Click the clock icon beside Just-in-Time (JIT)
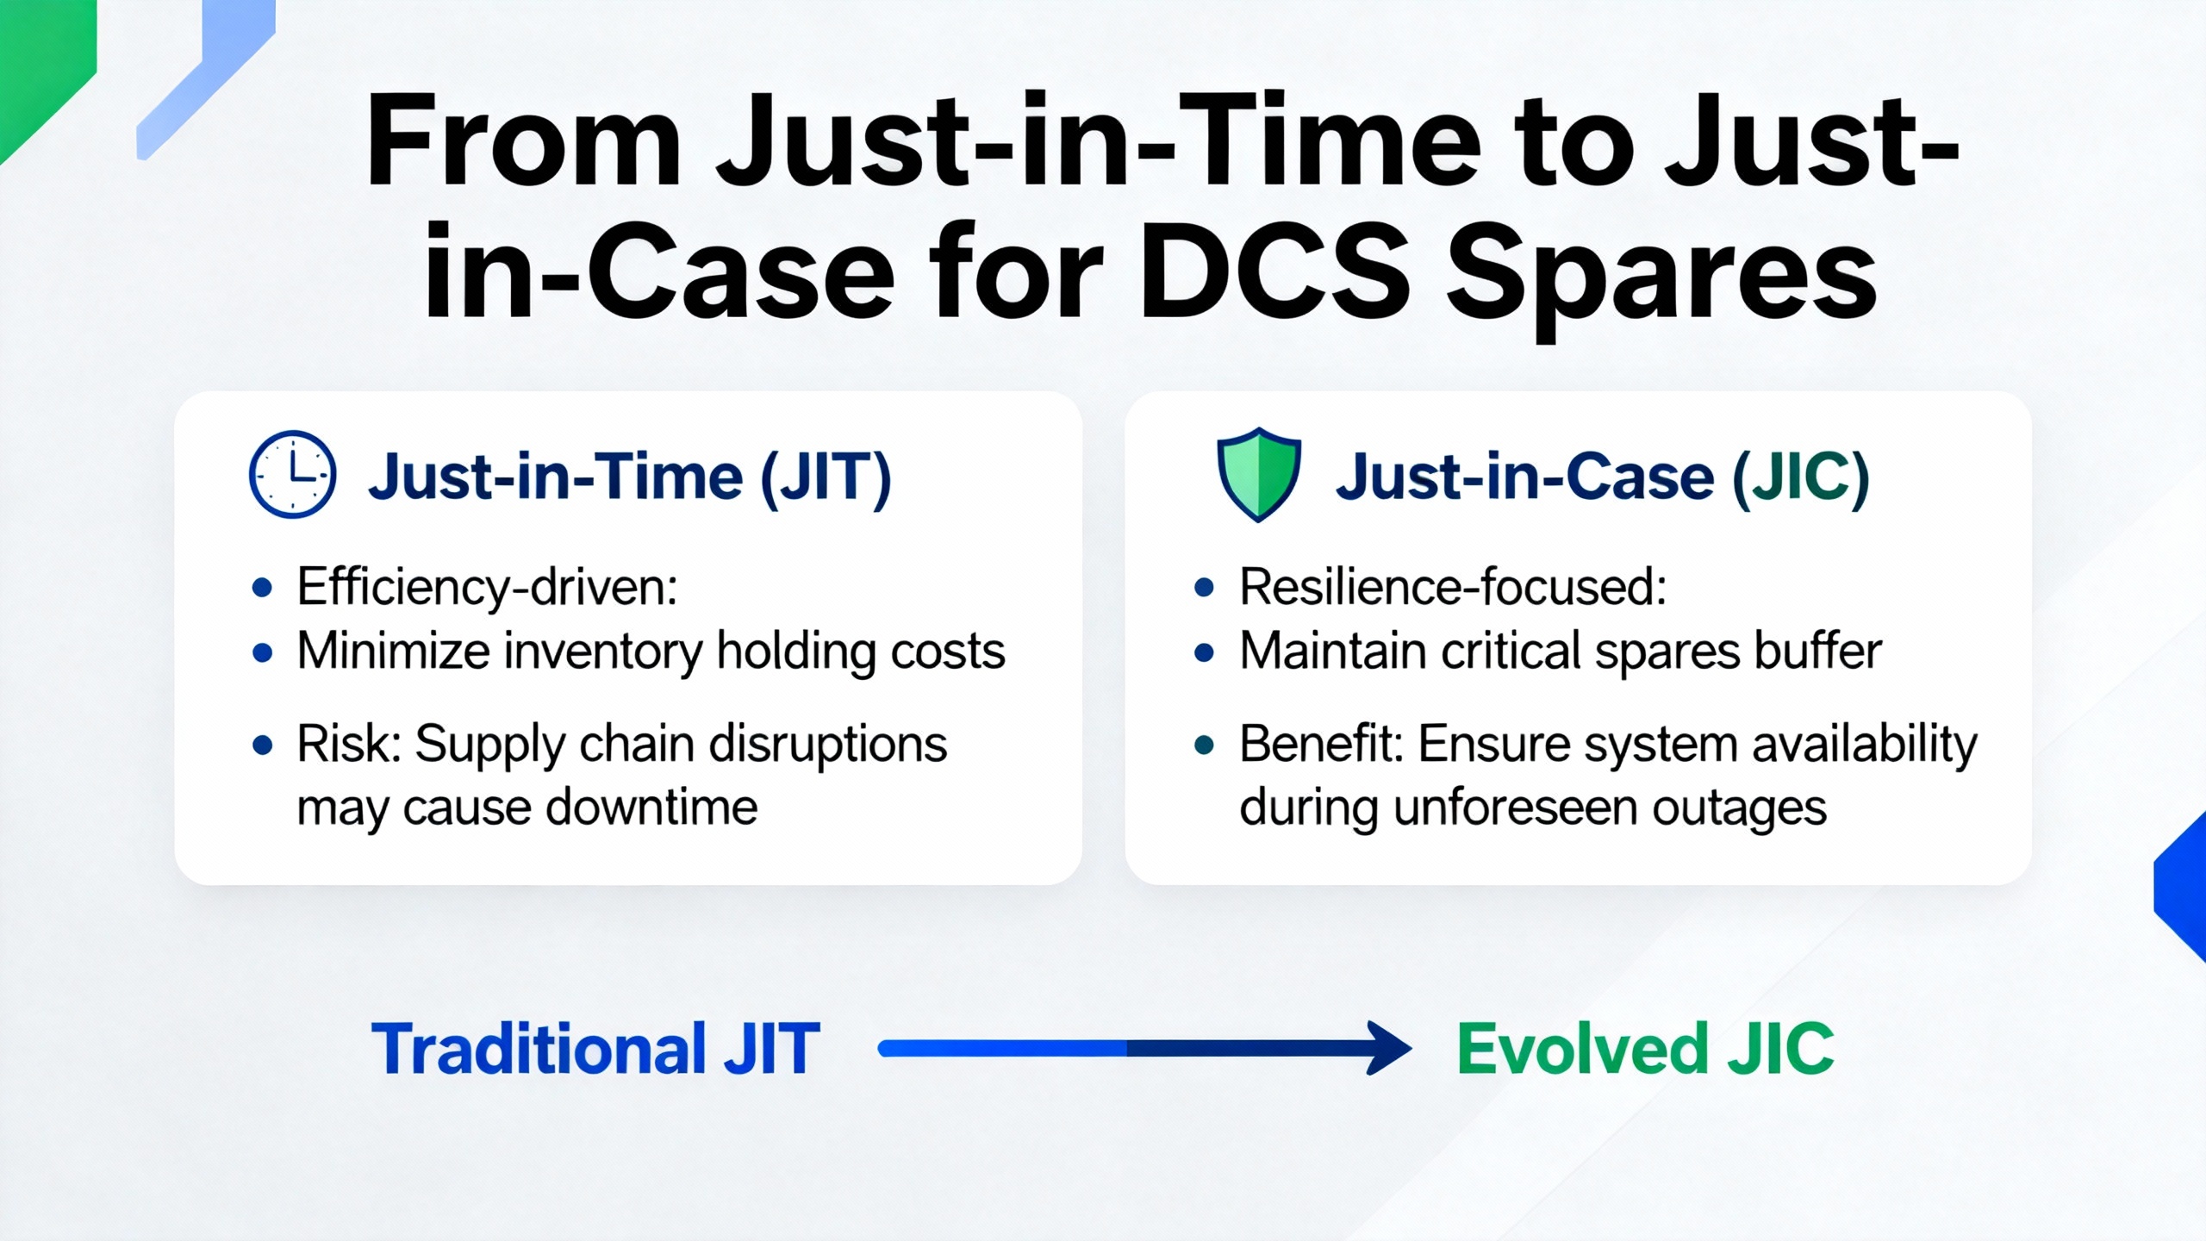pyautogui.click(x=292, y=474)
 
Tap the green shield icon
pyautogui.click(x=1258, y=474)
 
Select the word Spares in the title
pyautogui.click(x=1661, y=280)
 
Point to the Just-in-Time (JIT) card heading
pyautogui.click(x=630, y=477)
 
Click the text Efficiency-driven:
pyautogui.click(x=487, y=588)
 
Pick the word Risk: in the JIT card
pyautogui.click(x=349, y=744)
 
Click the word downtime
pyautogui.click(x=652, y=808)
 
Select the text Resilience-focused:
pyautogui.click(x=1453, y=588)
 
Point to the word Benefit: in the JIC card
pyautogui.click(x=1322, y=744)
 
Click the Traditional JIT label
pyautogui.click(x=595, y=1049)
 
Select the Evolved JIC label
pyautogui.click(x=1645, y=1049)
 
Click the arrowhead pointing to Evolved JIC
pyautogui.click(x=1389, y=1048)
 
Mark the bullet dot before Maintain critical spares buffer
pyautogui.click(x=1205, y=652)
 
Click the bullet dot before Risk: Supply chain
pyautogui.click(x=263, y=745)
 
